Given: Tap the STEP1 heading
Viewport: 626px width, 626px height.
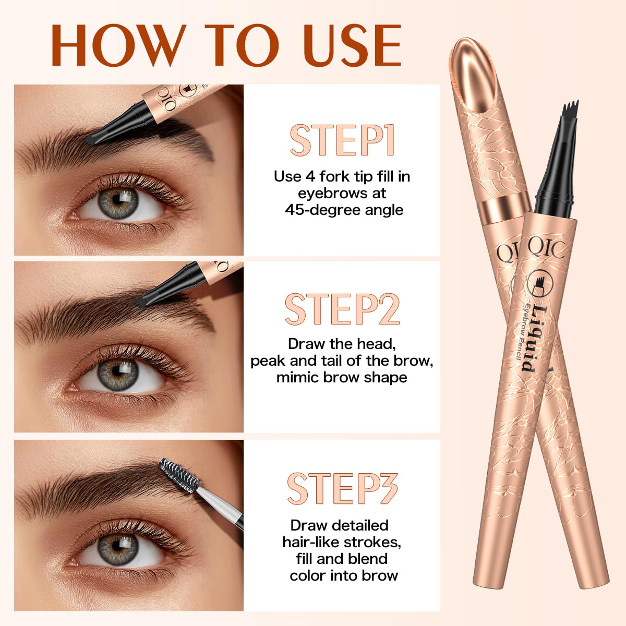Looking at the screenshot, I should (342, 140).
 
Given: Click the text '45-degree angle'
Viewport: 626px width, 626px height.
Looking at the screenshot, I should (344, 210).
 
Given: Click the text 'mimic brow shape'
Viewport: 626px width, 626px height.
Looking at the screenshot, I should (342, 377).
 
